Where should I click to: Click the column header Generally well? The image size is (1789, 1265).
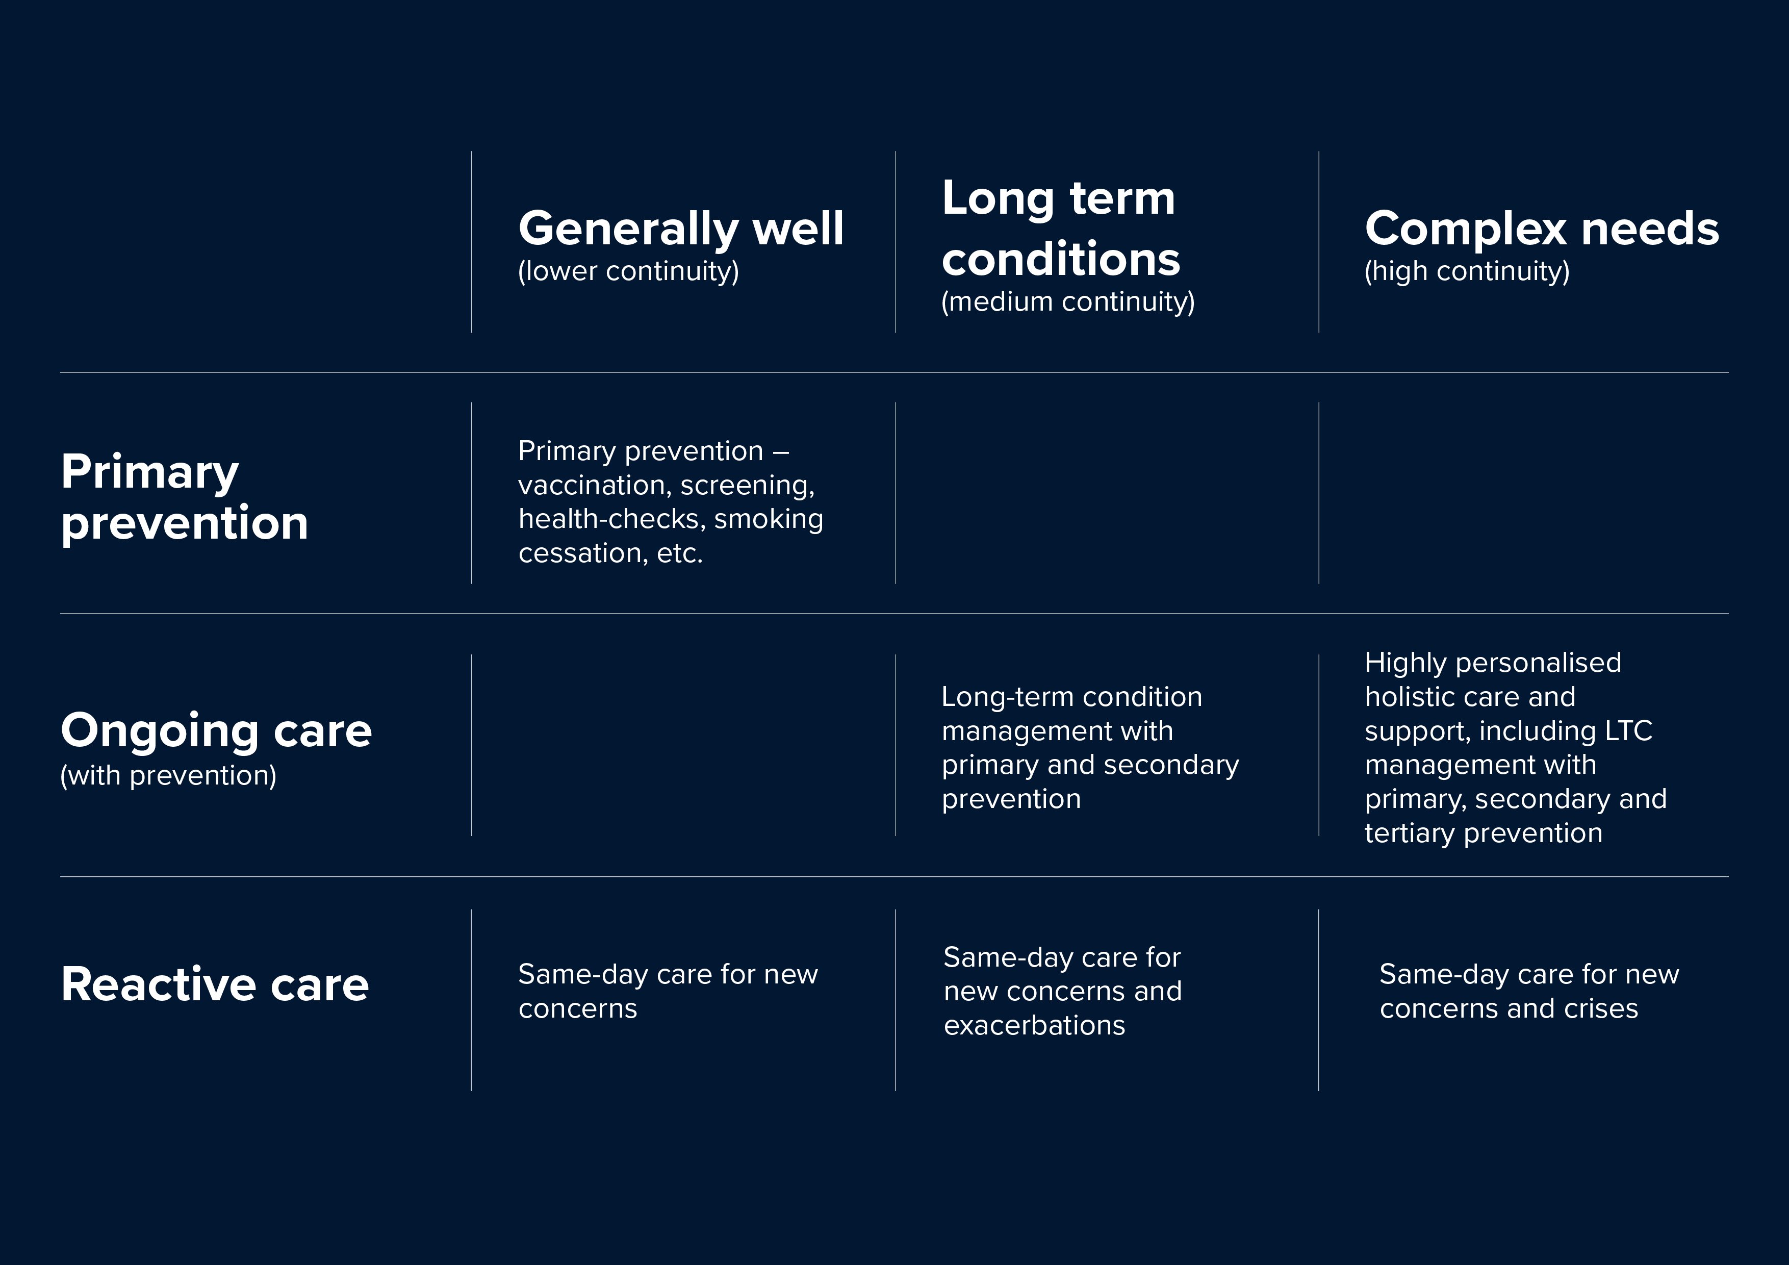pyautogui.click(x=680, y=229)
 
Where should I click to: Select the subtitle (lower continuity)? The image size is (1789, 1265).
pyautogui.click(x=628, y=271)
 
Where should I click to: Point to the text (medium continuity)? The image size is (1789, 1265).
pyautogui.click(x=1067, y=301)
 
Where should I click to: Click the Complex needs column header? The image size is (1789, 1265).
pyautogui.click(x=1541, y=229)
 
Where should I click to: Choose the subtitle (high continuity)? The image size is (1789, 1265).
pyautogui.click(x=1466, y=271)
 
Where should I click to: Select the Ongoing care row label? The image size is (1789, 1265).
pyautogui.click(x=216, y=730)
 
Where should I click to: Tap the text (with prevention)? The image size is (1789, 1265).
pyautogui.click(x=168, y=775)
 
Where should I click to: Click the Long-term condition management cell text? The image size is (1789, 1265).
pyautogui.click(x=1089, y=747)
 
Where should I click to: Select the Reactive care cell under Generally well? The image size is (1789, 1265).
pyautogui.click(x=668, y=992)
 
